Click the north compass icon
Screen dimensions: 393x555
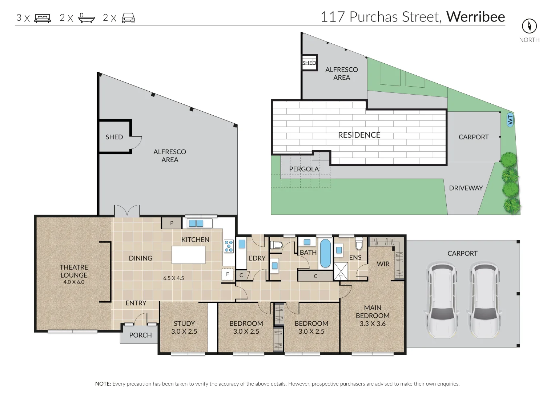(529, 26)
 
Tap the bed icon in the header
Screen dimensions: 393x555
(43, 18)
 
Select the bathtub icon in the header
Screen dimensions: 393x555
(87, 18)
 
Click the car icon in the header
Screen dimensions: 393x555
(128, 18)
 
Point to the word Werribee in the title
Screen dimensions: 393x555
(475, 17)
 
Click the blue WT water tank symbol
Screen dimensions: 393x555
(510, 120)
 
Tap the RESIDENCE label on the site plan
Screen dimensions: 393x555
(359, 135)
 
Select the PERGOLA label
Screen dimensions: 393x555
(304, 169)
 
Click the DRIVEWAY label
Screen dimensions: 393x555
(466, 188)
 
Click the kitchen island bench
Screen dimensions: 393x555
(188, 255)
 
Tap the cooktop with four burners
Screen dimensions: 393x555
(229, 246)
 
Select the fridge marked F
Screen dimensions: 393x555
(228, 274)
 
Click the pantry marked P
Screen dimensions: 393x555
(172, 223)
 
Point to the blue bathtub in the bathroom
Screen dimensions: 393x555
(325, 253)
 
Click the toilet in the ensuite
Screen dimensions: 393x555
(359, 244)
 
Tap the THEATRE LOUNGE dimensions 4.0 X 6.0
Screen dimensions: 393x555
(74, 282)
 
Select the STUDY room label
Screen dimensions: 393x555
(184, 323)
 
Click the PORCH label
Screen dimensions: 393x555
(140, 335)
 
